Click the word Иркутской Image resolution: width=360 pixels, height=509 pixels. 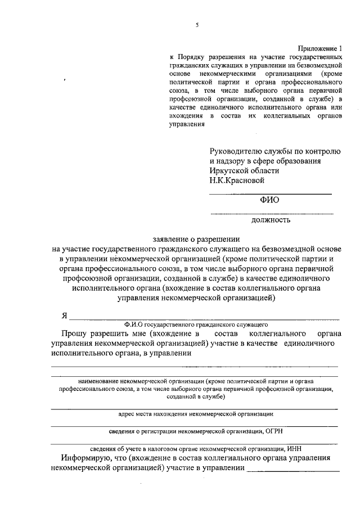coord(231,170)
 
